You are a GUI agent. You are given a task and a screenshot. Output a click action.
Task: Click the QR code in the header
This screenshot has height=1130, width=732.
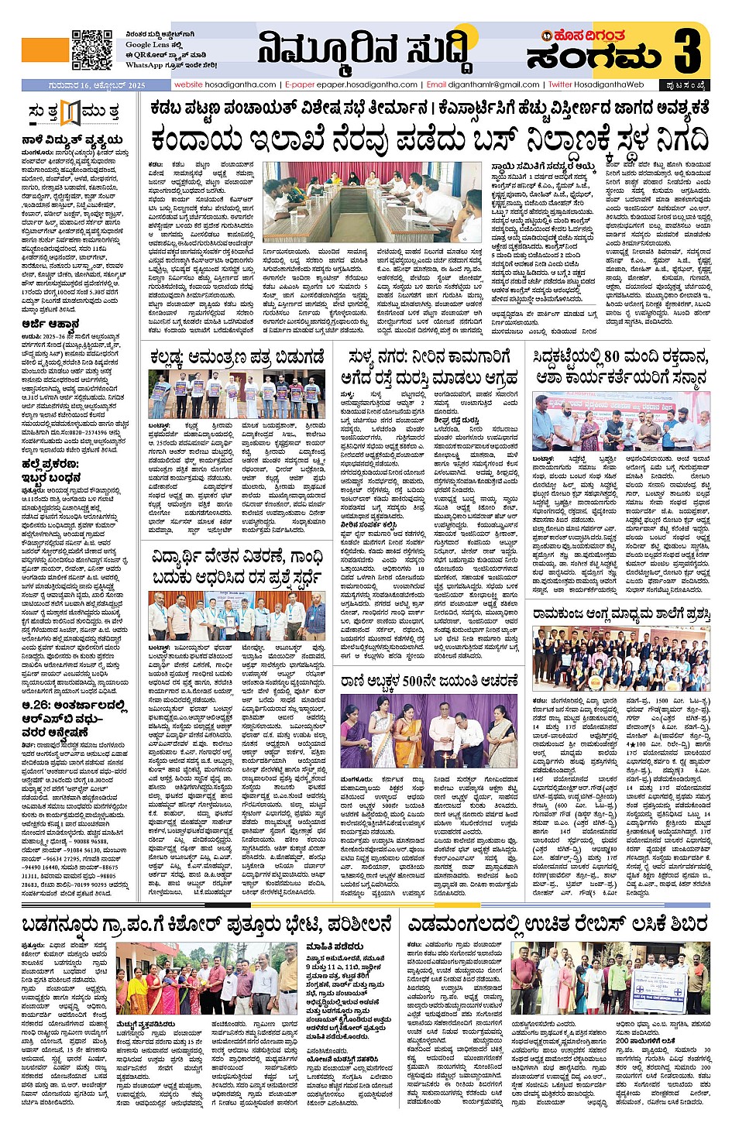(x=91, y=50)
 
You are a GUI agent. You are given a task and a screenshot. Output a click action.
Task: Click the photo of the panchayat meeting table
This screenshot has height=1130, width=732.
(x=372, y=202)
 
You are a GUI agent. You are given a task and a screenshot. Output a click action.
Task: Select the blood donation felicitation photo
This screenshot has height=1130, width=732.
(x=620, y=421)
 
